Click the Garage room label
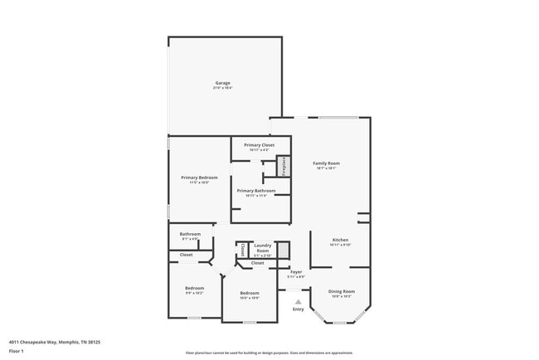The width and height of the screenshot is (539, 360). [223, 83]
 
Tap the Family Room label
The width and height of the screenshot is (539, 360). [326, 163]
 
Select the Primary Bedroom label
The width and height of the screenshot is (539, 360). [200, 178]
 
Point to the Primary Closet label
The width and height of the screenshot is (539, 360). [259, 145]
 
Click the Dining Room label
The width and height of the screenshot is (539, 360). [342, 291]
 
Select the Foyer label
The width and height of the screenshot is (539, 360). [295, 271]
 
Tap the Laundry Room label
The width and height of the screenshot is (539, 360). [263, 247]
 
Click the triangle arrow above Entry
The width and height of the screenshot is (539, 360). [299, 302]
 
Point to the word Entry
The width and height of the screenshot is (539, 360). [299, 309]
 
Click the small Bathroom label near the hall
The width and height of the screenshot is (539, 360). [191, 234]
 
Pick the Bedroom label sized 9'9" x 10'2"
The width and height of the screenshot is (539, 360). [194, 289]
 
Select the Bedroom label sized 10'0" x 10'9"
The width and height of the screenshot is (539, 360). [250, 293]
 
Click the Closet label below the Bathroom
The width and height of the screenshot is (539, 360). [187, 255]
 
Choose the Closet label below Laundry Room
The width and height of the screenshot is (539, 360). [258, 263]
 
